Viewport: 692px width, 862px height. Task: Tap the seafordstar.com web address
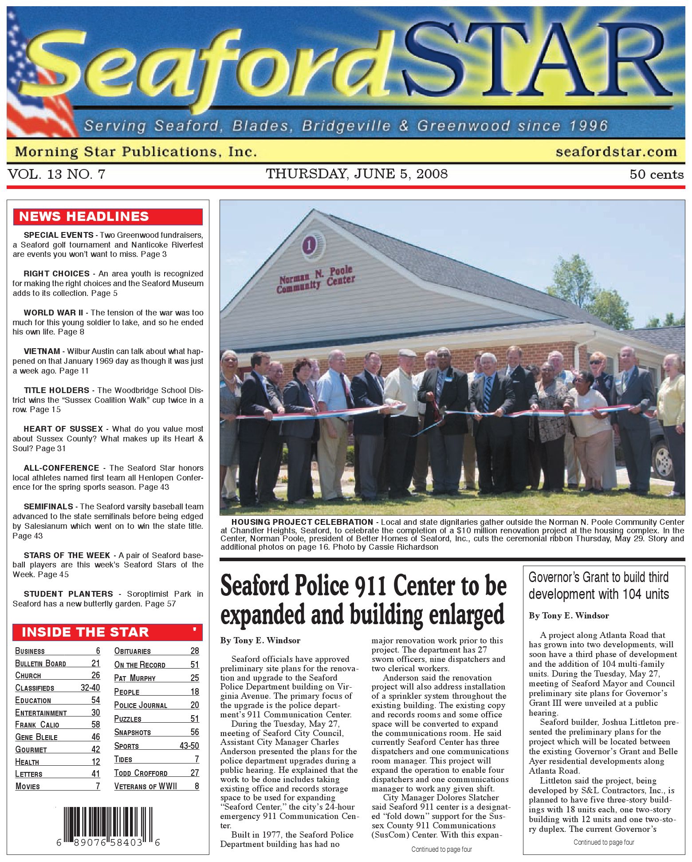pyautogui.click(x=616, y=152)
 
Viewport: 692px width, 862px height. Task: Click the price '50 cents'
pyautogui.click(x=657, y=174)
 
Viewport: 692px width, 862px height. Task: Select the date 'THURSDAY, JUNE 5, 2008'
pyautogui.click(x=357, y=174)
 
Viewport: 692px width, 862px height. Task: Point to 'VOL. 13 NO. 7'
pyautogui.click(x=57, y=174)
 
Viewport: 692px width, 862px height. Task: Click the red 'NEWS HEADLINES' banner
pyautogui.click(x=108, y=216)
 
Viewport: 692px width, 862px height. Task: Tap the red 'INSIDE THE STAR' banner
pyautogui.click(x=108, y=632)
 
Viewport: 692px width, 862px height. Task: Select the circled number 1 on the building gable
pyautogui.click(x=309, y=244)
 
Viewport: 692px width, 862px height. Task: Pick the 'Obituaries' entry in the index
pyautogui.click(x=132, y=651)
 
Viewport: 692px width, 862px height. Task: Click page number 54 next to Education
pyautogui.click(x=95, y=700)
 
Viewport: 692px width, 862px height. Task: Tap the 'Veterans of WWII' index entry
pyautogui.click(x=145, y=786)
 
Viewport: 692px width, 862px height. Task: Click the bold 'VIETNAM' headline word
pyautogui.click(x=42, y=351)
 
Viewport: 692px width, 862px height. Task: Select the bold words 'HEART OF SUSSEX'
pyautogui.click(x=63, y=429)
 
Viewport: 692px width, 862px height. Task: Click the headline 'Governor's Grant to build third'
pyautogui.click(x=598, y=578)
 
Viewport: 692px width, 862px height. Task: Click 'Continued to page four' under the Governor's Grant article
pyautogui.click(x=603, y=842)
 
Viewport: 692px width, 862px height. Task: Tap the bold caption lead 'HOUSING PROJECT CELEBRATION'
pyautogui.click(x=302, y=522)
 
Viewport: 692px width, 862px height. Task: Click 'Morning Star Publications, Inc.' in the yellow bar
pyautogui.click(x=136, y=152)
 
